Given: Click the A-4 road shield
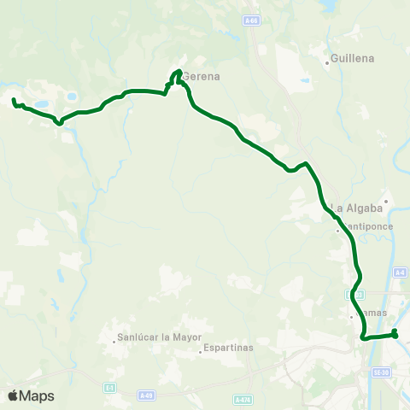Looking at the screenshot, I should [400, 272].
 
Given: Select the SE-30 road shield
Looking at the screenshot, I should [381, 372].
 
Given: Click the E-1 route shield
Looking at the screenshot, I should [109, 388].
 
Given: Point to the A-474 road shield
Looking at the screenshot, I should [242, 399].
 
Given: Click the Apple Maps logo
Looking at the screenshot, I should [31, 395].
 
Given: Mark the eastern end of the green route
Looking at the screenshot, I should [395, 335].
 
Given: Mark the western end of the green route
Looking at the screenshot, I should [14, 102].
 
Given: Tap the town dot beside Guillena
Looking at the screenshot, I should [329, 62].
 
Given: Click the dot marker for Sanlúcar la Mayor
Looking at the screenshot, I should [114, 343].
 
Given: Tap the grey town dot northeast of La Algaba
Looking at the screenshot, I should [386, 202].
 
